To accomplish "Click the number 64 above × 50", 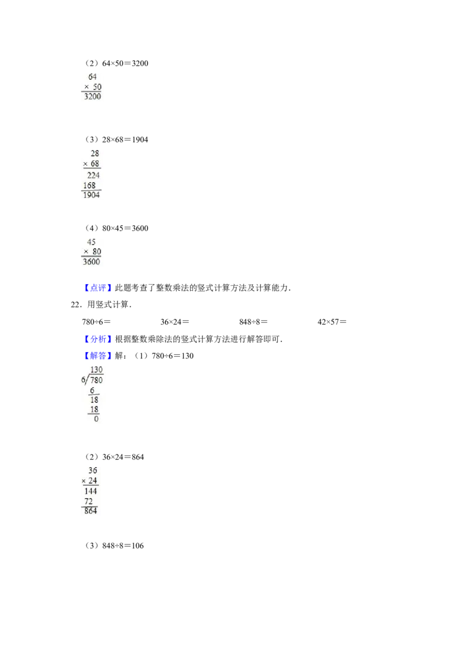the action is click(92, 77).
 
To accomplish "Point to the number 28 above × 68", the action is click(95, 154).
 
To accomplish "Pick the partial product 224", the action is click(93, 175).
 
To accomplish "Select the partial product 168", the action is click(90, 186).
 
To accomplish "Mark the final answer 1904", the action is click(92, 195).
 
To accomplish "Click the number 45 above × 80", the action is click(92, 242).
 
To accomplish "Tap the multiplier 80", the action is click(97, 252).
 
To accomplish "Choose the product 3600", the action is click(92, 262).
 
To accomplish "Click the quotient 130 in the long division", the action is click(97, 370).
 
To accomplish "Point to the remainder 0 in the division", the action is click(96, 419).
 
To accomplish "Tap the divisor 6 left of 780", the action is click(82, 380).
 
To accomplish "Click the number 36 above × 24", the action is click(92, 470).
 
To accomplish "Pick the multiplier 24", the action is click(92, 481).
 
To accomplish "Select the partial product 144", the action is click(91, 492).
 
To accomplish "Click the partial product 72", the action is click(90, 502).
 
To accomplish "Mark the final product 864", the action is click(91, 512).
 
